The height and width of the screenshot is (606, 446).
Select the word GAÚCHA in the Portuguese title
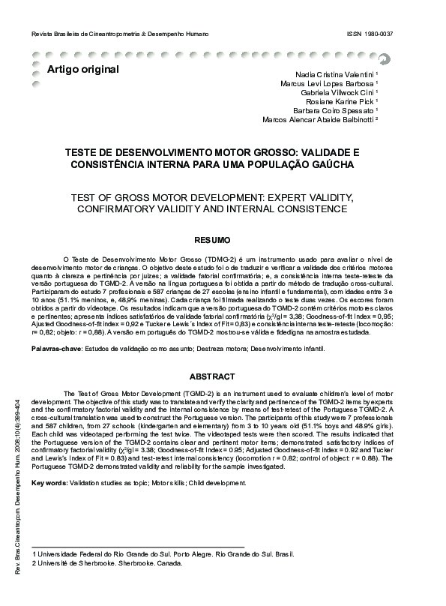333,163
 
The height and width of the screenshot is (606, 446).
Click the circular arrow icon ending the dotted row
383,58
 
